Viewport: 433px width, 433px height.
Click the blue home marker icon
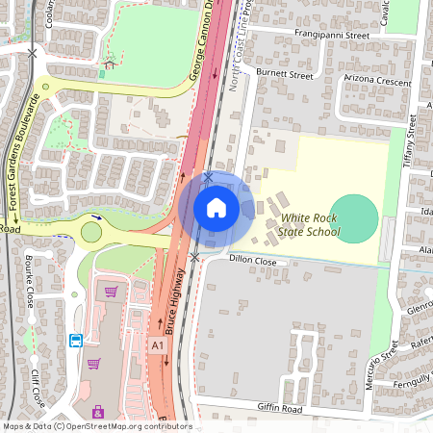tap(216, 208)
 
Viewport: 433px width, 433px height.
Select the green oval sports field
tap(354, 218)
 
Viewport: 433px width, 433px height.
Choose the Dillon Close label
tap(253, 261)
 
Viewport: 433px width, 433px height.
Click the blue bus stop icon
tap(75, 341)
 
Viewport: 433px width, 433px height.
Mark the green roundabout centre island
tap(92, 232)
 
